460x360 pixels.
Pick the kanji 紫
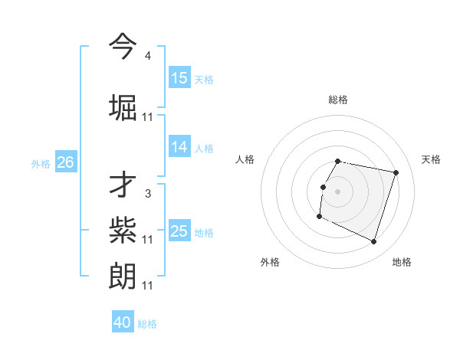point(123,229)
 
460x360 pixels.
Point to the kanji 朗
point(123,275)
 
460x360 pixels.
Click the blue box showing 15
point(179,78)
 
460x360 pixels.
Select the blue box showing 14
point(179,147)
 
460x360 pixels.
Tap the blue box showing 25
point(179,231)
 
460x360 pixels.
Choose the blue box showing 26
point(65,162)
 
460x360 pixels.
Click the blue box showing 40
point(123,322)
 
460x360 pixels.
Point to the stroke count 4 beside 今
point(147,56)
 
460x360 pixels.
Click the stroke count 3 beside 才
point(147,194)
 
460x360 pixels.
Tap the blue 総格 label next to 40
point(147,324)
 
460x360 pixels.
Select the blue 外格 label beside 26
point(41,164)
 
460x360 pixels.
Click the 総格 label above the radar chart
point(338,100)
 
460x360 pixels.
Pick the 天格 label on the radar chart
point(432,159)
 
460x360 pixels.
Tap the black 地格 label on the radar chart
point(402,262)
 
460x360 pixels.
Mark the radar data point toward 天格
point(396,173)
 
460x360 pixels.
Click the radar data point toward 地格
point(373,242)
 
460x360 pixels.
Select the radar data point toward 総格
point(338,161)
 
